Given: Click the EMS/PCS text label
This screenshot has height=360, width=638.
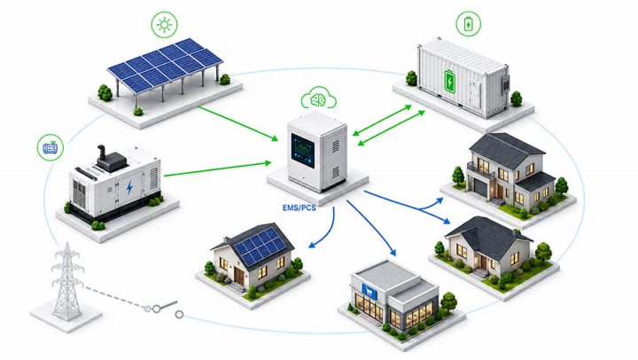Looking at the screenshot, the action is (x=300, y=207).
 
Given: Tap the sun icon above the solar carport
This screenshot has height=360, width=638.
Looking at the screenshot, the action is (x=165, y=25).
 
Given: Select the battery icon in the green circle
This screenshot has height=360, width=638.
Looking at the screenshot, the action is (x=469, y=24).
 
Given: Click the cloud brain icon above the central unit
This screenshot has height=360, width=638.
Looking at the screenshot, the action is (x=319, y=98).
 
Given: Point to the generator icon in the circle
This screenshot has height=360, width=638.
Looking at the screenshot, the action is (x=51, y=147).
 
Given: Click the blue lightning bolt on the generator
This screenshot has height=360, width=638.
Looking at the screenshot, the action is (x=129, y=187).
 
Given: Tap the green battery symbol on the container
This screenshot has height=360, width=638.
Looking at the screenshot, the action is (x=449, y=81).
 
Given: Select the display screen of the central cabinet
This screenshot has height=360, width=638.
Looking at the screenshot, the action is (x=303, y=150).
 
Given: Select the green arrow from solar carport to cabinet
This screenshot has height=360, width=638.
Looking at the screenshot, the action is (x=238, y=123).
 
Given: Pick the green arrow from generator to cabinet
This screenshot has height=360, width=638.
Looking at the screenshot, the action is (x=218, y=169).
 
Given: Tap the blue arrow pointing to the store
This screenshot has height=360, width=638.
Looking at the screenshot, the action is (x=371, y=228).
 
